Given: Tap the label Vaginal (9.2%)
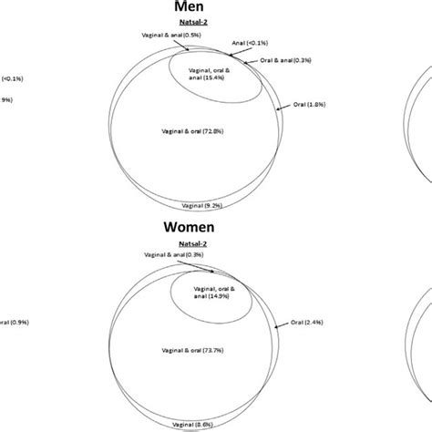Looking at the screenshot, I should (x=211, y=205).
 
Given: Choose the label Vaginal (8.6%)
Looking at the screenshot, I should (x=211, y=423).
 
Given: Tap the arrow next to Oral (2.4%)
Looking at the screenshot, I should (x=284, y=321).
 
